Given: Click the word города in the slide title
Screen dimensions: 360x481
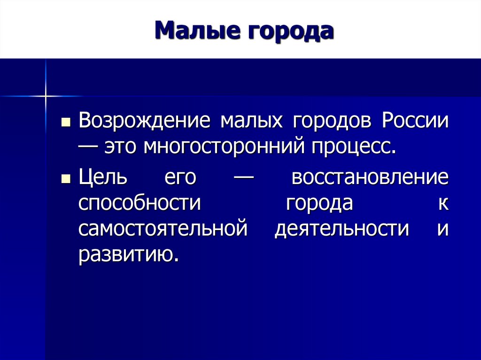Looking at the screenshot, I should pyautogui.click(x=286, y=31).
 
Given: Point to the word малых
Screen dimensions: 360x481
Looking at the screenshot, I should pyautogui.click(x=251, y=121).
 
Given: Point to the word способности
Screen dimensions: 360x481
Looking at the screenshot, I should pyautogui.click(x=140, y=204).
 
